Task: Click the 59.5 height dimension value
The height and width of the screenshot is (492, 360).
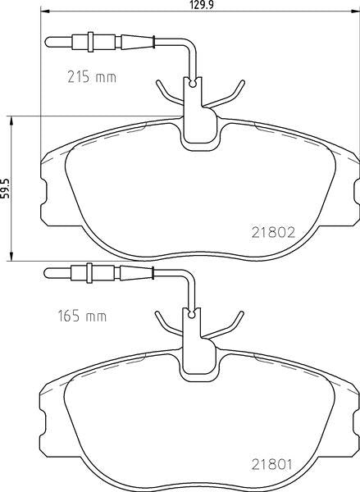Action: coord(6,188)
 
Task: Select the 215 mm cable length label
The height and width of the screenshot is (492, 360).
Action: coord(91,79)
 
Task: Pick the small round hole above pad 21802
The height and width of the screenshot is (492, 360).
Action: coord(194,83)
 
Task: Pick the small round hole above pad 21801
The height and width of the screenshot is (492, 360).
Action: coord(194,312)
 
